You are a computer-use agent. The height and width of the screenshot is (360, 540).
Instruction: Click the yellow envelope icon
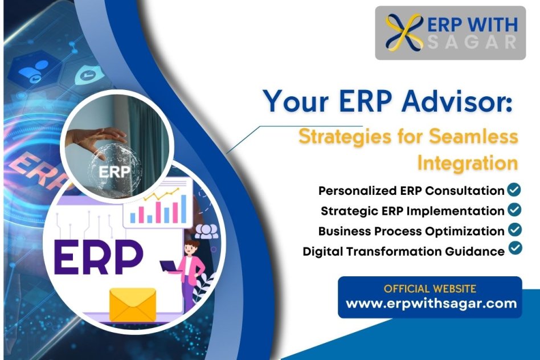click(133, 305)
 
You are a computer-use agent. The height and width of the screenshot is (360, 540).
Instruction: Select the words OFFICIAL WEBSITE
click(430, 288)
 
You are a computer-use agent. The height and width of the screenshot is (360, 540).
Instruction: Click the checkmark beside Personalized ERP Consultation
click(514, 190)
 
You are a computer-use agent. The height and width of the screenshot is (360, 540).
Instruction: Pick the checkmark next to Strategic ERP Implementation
click(514, 210)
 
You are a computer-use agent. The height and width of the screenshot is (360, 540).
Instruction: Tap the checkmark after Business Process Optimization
click(515, 230)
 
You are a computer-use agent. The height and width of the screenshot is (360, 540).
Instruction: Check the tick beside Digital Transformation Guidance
click(515, 248)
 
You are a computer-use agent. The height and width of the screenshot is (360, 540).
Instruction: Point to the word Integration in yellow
click(468, 163)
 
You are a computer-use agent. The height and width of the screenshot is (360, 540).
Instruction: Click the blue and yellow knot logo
click(404, 32)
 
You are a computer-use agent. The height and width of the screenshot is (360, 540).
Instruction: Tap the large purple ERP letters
click(98, 257)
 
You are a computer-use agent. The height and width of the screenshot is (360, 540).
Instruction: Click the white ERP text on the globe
click(114, 171)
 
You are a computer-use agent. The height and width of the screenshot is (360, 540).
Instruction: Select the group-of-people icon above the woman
click(207, 231)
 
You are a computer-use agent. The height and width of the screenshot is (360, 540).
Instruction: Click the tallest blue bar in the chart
click(183, 208)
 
